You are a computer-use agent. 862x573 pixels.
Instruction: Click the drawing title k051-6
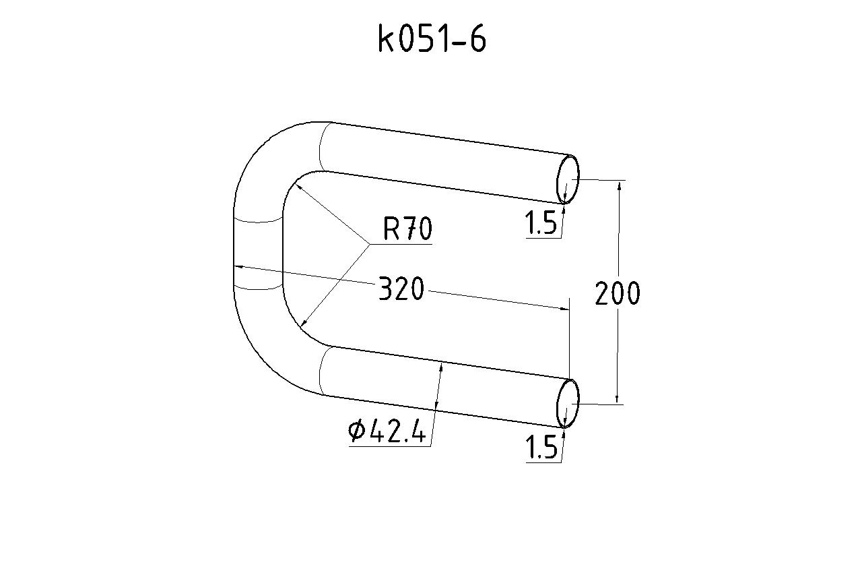(432, 38)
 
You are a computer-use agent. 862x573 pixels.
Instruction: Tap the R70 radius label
(407, 229)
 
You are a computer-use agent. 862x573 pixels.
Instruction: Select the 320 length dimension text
(401, 288)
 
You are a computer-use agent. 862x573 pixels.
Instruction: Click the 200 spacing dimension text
(618, 293)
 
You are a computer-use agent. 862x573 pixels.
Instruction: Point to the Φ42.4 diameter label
(387, 431)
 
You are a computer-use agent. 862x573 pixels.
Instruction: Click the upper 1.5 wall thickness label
(541, 223)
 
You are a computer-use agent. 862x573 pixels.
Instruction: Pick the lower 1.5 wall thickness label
(541, 447)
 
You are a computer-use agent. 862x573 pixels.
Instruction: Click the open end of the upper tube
(568, 179)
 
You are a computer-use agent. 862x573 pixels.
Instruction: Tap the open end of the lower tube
(568, 403)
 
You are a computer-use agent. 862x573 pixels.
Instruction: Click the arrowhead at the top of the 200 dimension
(619, 185)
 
